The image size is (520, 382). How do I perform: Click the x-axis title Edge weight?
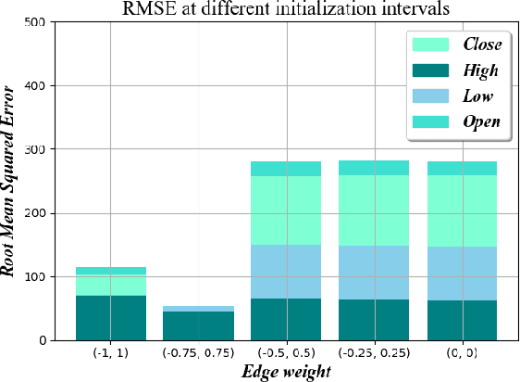click(x=286, y=371)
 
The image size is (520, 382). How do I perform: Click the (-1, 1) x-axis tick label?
click(x=111, y=353)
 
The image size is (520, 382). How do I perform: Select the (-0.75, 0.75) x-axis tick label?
click(x=198, y=353)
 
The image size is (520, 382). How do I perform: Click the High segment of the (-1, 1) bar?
click(x=111, y=318)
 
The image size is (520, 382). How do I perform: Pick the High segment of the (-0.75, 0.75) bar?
click(x=198, y=326)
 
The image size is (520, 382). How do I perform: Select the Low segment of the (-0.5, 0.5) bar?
click(x=286, y=272)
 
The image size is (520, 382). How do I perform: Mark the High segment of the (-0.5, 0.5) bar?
click(x=286, y=320)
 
